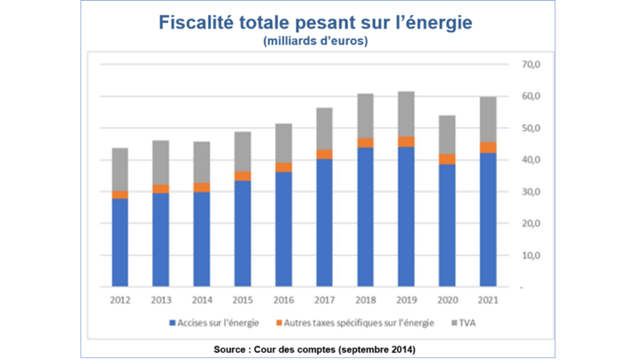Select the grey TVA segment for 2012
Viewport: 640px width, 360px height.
120,169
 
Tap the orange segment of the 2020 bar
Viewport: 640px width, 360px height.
447,159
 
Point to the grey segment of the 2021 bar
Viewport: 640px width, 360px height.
488,119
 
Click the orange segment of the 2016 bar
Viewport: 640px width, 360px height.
284,167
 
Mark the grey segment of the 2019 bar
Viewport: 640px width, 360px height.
406,114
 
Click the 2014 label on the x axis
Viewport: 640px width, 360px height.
202,300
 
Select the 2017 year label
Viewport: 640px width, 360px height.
325,300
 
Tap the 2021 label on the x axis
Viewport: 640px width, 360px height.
488,300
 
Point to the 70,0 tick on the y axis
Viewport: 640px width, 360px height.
522,64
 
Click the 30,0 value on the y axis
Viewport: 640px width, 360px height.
522,192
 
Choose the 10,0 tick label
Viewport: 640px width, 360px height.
522,256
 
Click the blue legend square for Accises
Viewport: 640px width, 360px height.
172,324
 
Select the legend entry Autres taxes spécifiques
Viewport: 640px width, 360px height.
352,324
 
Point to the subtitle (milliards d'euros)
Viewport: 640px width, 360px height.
315,42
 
